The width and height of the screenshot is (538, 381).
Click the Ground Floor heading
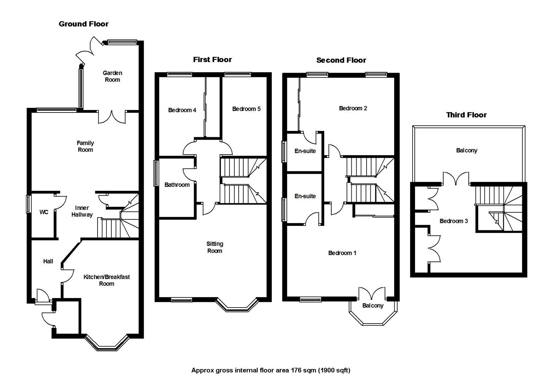pyautogui.click(x=83, y=24)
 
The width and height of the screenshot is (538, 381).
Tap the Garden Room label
pyautogui.click(x=112, y=76)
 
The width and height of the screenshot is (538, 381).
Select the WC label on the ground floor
pyautogui.click(x=44, y=212)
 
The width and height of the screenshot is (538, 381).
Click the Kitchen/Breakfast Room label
pyautogui.click(x=106, y=280)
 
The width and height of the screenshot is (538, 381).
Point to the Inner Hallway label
pyautogui.click(x=82, y=211)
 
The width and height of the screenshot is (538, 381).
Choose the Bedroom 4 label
pyautogui.click(x=182, y=110)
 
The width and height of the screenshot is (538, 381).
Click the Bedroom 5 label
pyautogui.click(x=246, y=109)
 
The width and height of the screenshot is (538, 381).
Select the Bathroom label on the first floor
pyautogui.click(x=177, y=185)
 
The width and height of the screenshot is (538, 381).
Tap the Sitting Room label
pyautogui.click(x=214, y=247)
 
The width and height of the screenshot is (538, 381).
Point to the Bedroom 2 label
pyautogui.click(x=353, y=108)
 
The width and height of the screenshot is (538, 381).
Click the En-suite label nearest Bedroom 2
pyautogui.click(x=305, y=151)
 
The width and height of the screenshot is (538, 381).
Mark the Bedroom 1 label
pyautogui.click(x=342, y=253)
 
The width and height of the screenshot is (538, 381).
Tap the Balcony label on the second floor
pyautogui.click(x=373, y=306)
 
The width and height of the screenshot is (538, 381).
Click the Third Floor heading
pyautogui.click(x=466, y=115)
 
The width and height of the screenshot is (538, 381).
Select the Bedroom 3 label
pyautogui.click(x=453, y=221)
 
